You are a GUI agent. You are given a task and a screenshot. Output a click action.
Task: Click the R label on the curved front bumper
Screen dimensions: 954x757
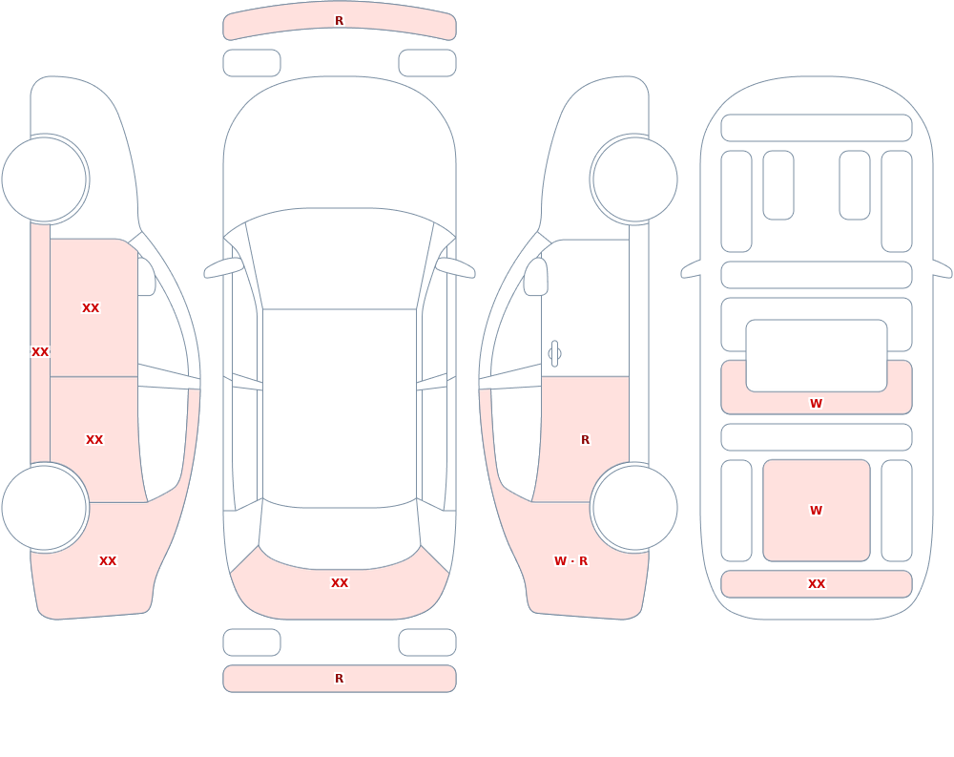tap(339, 21)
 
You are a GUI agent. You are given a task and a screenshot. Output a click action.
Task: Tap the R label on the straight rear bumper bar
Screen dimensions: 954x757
tap(339, 679)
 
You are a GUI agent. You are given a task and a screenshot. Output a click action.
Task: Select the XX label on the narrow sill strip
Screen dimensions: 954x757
tap(40, 352)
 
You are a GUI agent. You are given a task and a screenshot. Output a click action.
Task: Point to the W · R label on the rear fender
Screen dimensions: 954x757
tap(570, 561)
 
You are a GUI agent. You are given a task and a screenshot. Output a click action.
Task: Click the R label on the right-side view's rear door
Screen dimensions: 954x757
tap(586, 440)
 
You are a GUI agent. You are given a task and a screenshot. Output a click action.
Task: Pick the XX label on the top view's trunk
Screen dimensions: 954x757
tap(340, 583)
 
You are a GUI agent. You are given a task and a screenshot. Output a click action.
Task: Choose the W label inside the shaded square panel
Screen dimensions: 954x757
tap(816, 511)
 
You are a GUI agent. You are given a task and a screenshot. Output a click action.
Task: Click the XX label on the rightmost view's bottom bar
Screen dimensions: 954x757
tap(817, 584)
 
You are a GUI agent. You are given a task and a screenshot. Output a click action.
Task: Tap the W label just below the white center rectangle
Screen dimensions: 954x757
tap(816, 403)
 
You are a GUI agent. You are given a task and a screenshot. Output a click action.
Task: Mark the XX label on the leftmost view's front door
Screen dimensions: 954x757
tap(91, 308)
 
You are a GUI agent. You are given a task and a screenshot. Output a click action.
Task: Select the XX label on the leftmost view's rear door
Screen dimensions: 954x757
tap(94, 440)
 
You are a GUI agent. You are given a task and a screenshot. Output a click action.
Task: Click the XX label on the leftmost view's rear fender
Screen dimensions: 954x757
tap(108, 561)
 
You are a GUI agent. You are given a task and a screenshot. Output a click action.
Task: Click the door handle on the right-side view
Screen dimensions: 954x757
tap(554, 354)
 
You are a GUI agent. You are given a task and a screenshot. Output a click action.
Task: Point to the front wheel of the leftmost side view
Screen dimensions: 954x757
tap(45, 179)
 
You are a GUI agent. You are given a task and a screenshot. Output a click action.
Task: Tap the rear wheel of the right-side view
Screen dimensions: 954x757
tap(634, 508)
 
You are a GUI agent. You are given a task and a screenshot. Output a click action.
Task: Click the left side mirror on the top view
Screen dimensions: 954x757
tap(223, 267)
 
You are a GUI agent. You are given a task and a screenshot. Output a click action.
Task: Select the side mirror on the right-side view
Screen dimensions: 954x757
tap(535, 277)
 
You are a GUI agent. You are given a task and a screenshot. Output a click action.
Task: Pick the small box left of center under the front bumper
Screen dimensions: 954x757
tap(252, 63)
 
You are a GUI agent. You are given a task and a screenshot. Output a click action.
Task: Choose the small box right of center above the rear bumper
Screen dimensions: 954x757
tap(427, 642)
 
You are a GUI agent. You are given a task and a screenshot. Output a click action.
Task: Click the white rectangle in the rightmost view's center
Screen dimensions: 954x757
tap(817, 356)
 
